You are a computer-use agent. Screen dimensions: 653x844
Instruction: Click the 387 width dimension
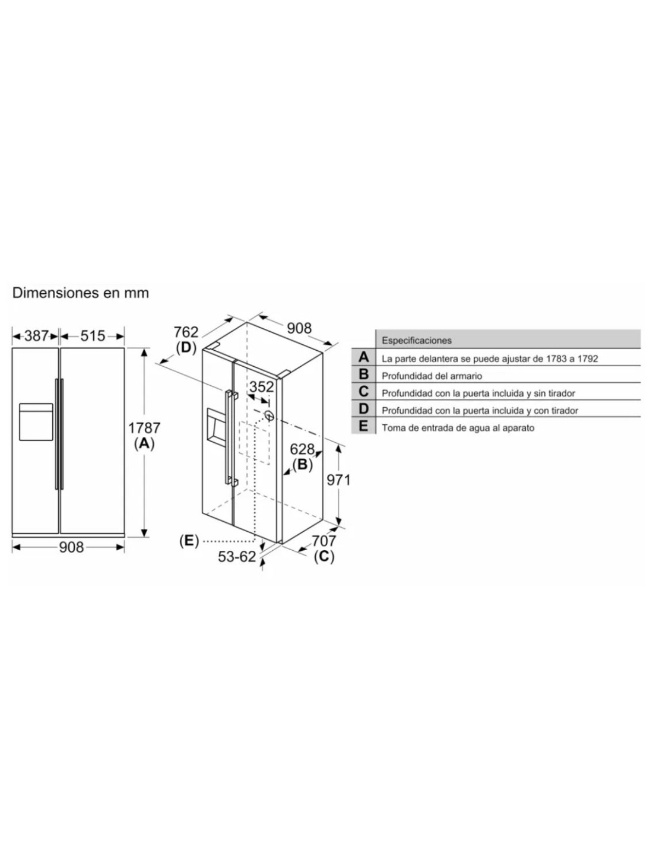coord(36,335)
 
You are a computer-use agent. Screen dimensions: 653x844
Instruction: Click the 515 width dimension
coord(93,335)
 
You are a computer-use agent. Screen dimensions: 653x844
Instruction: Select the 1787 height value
coord(144,427)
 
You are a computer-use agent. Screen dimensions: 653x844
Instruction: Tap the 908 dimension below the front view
coord(71,547)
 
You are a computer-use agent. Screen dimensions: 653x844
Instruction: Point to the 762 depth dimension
coord(186,332)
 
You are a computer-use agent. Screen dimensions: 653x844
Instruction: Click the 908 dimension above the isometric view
coord(299,328)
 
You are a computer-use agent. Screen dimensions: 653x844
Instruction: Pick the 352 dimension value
coord(261,387)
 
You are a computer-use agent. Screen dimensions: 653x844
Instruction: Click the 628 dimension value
coord(302,449)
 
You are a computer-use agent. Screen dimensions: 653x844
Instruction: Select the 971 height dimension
coord(338,480)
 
